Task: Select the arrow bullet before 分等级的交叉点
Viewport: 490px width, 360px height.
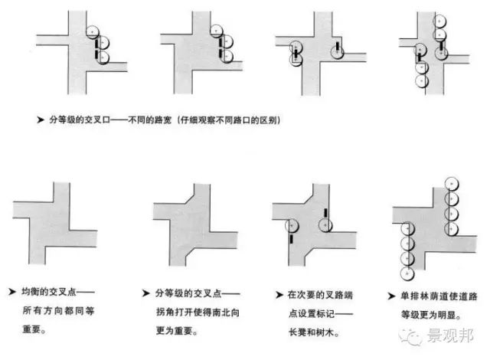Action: pos(146,293)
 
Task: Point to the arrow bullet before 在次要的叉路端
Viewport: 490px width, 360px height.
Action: pos(279,293)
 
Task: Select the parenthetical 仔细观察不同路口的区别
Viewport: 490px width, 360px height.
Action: pos(230,119)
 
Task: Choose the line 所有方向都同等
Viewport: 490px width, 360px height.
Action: pos(57,312)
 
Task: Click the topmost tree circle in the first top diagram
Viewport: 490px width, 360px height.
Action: pos(93,32)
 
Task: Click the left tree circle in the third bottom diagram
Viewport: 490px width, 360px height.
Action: pos(291,225)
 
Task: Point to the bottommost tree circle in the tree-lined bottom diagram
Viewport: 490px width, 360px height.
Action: pos(407,273)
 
